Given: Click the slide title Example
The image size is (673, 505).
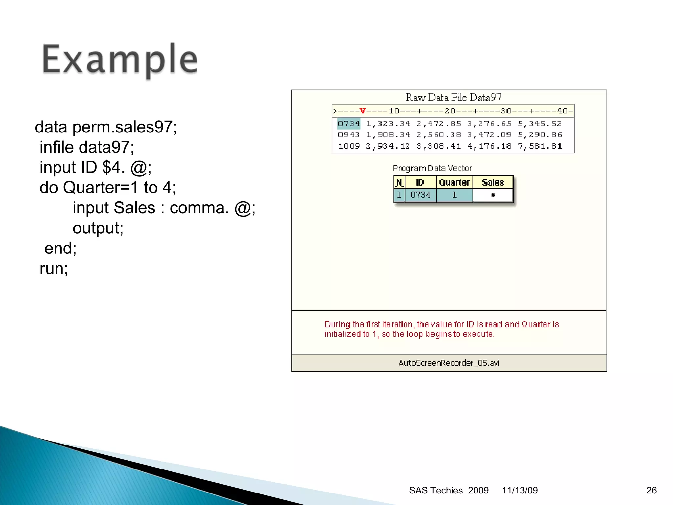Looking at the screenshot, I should tap(120, 60).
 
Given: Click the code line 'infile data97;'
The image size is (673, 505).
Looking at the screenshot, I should tap(87, 147).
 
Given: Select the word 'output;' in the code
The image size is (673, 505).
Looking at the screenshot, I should tap(98, 228).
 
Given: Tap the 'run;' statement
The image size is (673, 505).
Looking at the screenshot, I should tap(54, 268).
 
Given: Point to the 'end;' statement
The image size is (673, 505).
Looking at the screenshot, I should tap(60, 248).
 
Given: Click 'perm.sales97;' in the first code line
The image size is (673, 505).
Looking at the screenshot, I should tap(125, 127).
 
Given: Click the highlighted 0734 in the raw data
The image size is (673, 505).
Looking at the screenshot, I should tap(349, 124).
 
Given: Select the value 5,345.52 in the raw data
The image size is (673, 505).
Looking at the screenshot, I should tap(540, 124).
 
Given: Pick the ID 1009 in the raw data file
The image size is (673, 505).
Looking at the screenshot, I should tap(349, 146).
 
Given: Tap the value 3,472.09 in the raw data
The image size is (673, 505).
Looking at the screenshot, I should tap(489, 135).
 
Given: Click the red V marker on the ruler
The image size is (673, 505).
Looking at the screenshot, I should tap(363, 111).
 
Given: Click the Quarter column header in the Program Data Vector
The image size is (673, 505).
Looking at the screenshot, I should tap(454, 182).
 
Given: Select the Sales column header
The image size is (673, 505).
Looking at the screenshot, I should tap(493, 182).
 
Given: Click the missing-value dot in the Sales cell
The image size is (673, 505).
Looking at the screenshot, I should tap(493, 195).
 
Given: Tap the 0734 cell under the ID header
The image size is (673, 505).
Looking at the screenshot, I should tap(420, 195).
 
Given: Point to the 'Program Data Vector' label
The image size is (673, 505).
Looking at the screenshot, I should tap(432, 168).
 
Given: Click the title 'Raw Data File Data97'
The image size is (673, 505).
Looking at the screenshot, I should tap(453, 97).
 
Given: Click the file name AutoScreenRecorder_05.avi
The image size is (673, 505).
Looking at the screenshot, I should tap(449, 363).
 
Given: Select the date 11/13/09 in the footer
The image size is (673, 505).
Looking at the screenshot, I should tap(520, 490).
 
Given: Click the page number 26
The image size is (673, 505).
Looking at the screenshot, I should tap(651, 490).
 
